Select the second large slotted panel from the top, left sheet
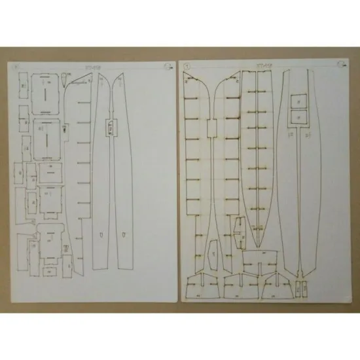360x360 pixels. pyautogui.click(x=45, y=135)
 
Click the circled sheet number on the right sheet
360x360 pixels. pyautogui.click(x=189, y=66)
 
